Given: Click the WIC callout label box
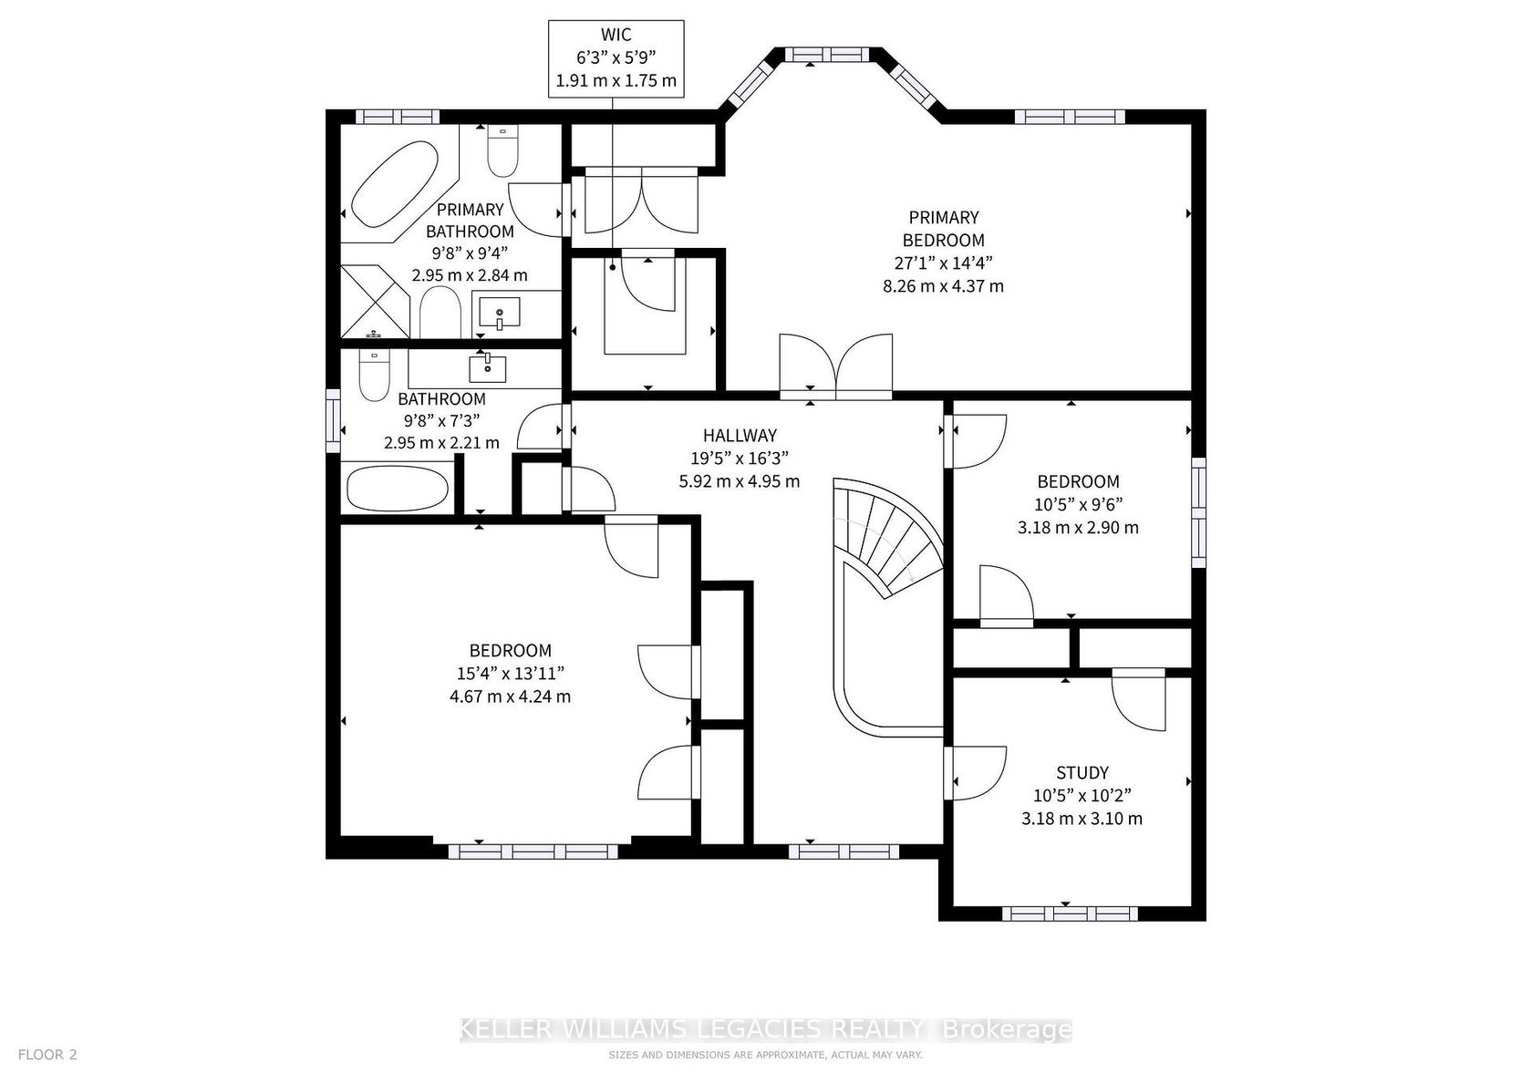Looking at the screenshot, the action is (x=616, y=58).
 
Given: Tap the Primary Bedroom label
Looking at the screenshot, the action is (x=943, y=228).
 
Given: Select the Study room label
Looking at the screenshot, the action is (x=1082, y=773).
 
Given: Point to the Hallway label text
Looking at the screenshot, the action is (x=740, y=436).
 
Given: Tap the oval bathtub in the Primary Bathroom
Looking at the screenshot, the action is (x=395, y=184).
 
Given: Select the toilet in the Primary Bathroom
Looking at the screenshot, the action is (x=502, y=150).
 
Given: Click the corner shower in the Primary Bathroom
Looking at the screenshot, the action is (x=375, y=301).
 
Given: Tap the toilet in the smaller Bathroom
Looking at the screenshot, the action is (x=374, y=376).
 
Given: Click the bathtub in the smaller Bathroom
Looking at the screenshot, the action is (x=398, y=489).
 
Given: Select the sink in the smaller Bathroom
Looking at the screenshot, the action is (x=488, y=368).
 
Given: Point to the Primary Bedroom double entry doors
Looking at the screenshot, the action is (x=835, y=366).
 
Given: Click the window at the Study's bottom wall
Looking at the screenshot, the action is (x=1070, y=913).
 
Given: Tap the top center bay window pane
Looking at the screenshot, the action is (x=826, y=54).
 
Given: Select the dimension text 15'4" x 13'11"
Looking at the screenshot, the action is (x=511, y=674).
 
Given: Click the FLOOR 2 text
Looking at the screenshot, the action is (x=47, y=1054).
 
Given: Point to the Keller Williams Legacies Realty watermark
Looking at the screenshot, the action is (x=765, y=1029).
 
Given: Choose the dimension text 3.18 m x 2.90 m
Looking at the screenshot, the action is (x=1078, y=528).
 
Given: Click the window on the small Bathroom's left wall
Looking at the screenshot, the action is (x=333, y=420).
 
